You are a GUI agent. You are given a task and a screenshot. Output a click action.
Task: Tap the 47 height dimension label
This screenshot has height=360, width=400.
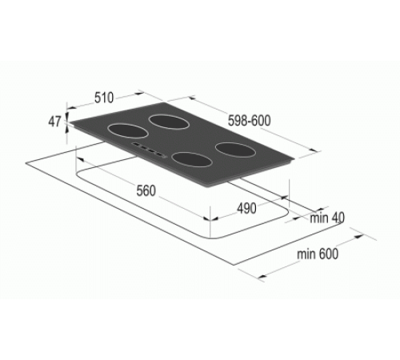click(54, 122)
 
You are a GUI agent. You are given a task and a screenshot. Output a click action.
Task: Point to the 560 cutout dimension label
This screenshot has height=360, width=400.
click(145, 192)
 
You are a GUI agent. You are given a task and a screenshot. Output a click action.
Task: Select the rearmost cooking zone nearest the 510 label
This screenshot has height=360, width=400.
click(169, 121)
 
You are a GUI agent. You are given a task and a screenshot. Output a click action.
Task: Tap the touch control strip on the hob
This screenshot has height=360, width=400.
click(149, 150)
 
